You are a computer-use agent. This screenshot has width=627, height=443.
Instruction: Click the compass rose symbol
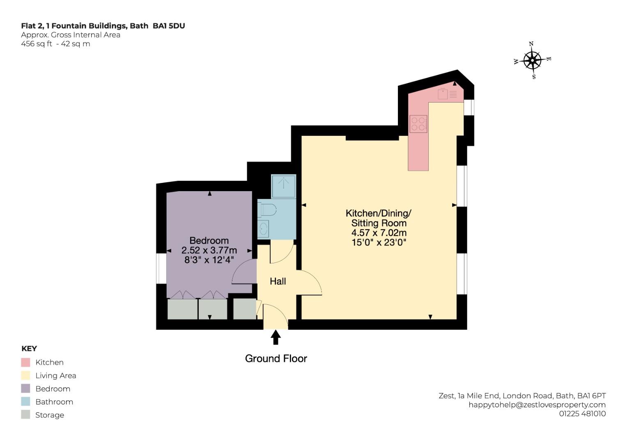tap(533, 60)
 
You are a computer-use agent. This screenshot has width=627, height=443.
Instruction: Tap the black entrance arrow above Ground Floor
tap(276, 337)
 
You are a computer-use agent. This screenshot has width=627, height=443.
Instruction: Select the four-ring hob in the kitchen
tap(418, 124)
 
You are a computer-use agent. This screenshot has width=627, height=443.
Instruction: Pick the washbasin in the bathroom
tap(263, 229)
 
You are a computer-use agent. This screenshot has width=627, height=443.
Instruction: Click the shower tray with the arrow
tap(284, 186)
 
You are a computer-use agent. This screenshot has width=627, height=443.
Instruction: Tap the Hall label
tap(278, 281)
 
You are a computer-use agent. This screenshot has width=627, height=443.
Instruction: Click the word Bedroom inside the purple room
tap(209, 240)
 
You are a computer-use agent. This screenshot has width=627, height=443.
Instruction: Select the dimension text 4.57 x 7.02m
tap(379, 233)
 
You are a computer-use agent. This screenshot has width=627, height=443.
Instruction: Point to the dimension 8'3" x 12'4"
tap(209, 260)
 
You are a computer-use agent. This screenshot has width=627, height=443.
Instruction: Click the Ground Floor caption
tap(276, 359)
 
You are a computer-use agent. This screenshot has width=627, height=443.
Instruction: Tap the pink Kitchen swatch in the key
tap(25, 362)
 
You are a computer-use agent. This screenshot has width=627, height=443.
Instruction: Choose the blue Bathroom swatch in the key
tap(25, 402)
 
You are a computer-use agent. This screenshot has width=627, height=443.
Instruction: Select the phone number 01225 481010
tap(583, 413)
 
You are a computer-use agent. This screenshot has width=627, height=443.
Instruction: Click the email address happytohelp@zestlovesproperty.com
tap(537, 405)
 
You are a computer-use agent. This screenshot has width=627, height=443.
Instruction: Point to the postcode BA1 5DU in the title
tap(169, 26)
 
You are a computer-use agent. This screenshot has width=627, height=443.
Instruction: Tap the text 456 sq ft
tap(37, 44)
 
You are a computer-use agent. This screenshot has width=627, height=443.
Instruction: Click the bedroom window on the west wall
tap(161, 269)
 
